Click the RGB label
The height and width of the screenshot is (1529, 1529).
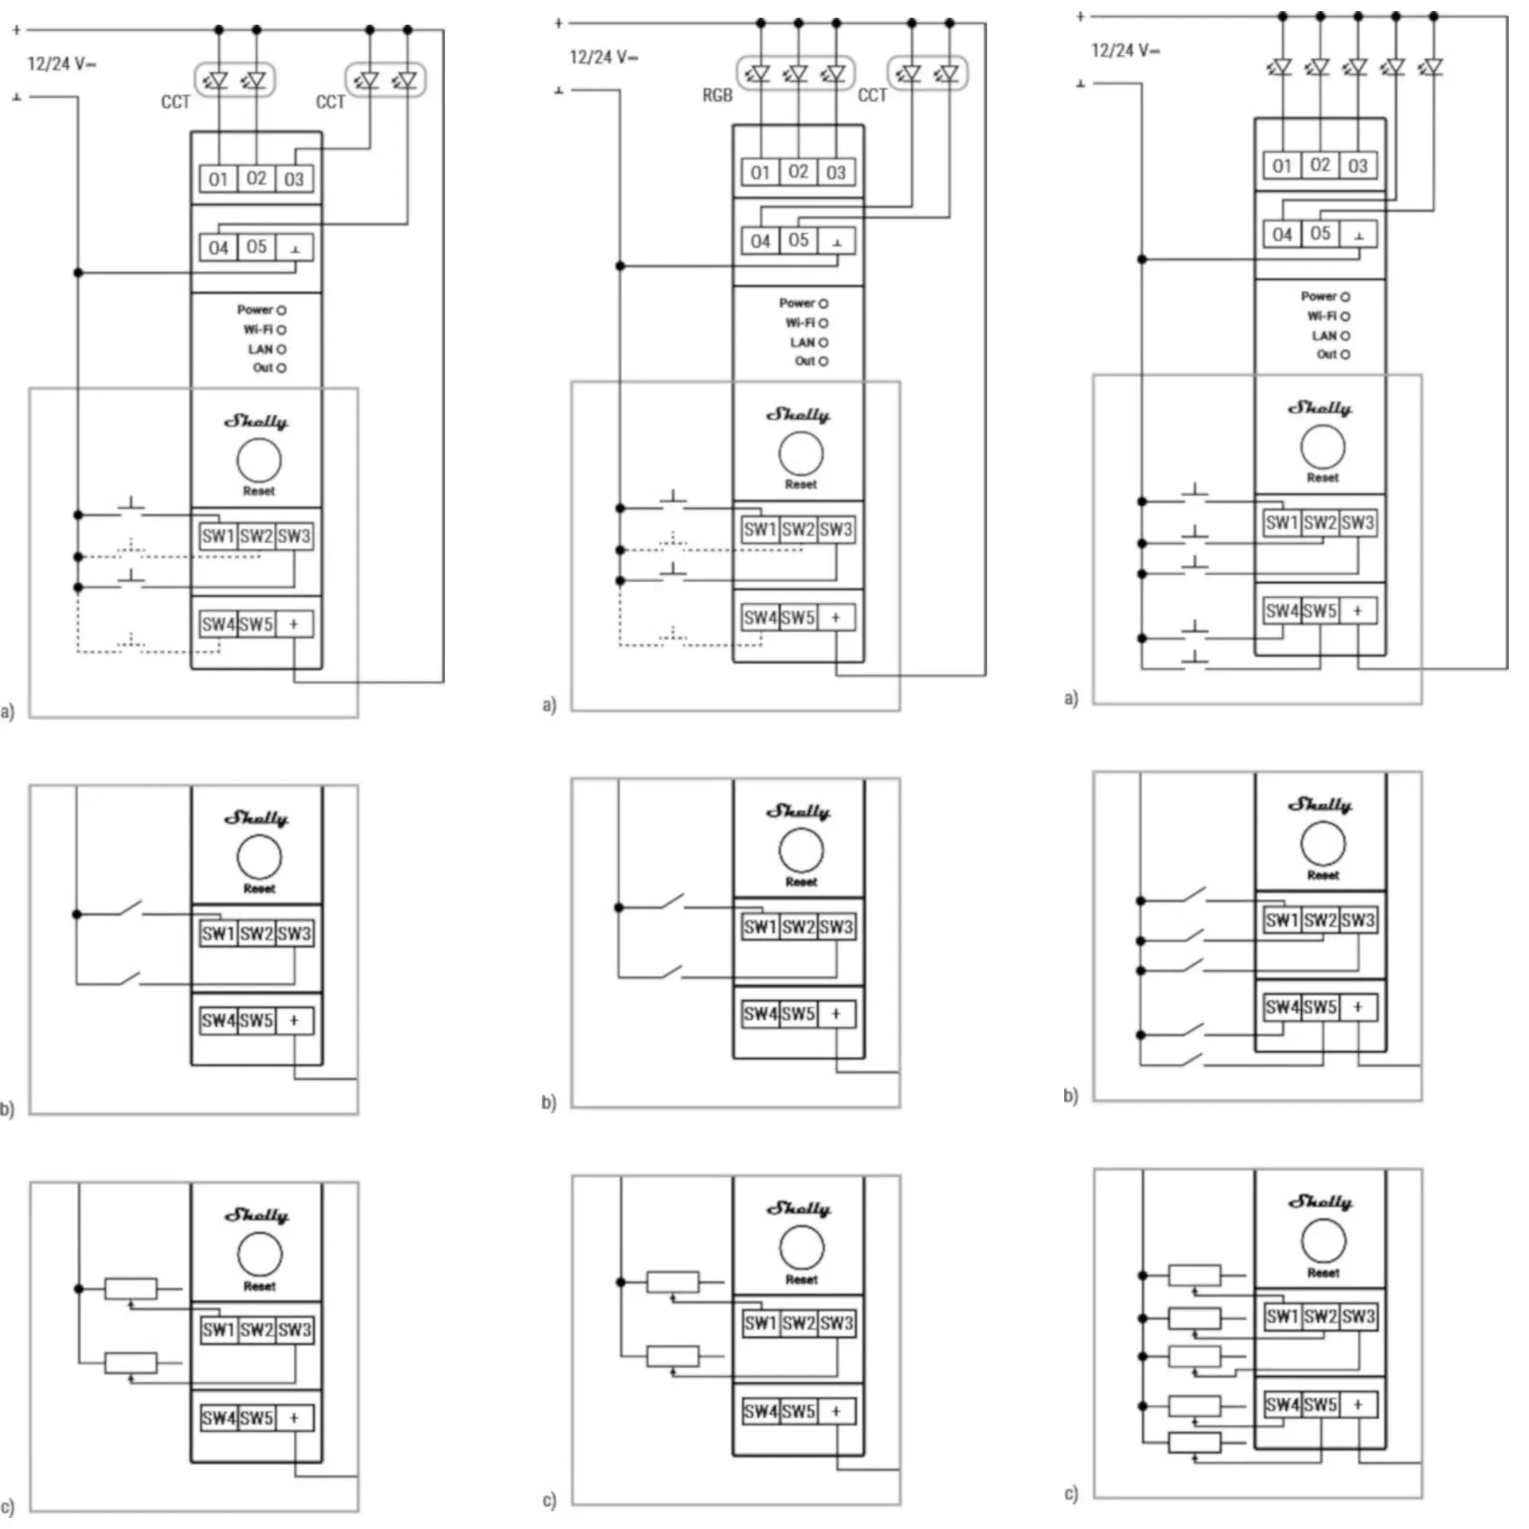point(717,96)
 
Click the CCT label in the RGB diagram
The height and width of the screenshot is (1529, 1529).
point(872,96)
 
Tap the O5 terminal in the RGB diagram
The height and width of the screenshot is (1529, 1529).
point(798,240)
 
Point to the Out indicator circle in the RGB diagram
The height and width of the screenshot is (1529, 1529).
point(823,362)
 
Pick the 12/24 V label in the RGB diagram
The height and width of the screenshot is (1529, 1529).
point(603,57)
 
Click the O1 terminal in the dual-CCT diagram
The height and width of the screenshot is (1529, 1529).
point(218,179)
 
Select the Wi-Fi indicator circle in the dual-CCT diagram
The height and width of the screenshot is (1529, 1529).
point(281,330)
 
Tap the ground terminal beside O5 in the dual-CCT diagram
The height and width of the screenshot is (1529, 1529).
point(295,248)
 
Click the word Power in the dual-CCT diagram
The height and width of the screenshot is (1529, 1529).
point(255,310)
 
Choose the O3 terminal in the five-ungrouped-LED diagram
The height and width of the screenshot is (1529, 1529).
point(1358,166)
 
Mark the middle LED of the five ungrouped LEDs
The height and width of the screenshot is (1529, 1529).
point(1356,67)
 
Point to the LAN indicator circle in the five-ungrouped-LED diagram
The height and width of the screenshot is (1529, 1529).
point(1345,336)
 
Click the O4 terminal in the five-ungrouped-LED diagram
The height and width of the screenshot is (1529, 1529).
point(1281,234)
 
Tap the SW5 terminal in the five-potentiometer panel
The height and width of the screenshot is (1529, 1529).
point(1320,1405)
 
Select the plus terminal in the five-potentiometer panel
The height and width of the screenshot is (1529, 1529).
point(1358,1405)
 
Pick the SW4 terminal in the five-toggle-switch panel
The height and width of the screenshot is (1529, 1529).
point(1281,1007)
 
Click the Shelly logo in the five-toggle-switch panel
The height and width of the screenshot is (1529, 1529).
point(1320,805)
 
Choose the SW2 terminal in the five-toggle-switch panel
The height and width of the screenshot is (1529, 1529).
point(1320,921)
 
